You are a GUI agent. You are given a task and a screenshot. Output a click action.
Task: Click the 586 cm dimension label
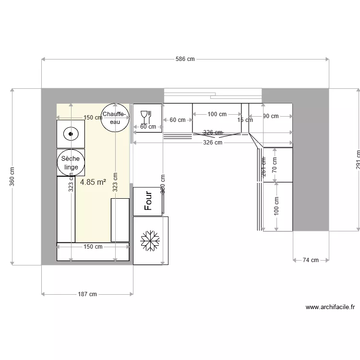[x=185, y=60]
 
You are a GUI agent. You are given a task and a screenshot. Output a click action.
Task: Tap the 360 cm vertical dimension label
[x=12, y=176]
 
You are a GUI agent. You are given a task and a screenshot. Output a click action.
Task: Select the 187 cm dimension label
[x=87, y=294]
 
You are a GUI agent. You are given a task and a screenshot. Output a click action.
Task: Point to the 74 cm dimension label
[x=311, y=260]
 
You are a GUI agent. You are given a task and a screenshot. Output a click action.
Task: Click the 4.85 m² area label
[x=93, y=182]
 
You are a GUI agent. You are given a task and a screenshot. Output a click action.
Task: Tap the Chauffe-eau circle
[x=115, y=118]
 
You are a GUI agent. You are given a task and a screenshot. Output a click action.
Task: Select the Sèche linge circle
[x=71, y=163]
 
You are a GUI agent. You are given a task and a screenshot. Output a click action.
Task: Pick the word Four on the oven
[x=148, y=201]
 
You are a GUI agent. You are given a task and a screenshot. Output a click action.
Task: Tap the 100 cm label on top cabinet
[x=217, y=114]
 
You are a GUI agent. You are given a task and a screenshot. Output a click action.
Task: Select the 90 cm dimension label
[x=271, y=116]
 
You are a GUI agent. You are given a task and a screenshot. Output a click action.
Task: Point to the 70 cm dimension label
[x=275, y=166]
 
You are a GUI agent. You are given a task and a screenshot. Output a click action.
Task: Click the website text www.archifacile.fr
[x=330, y=307]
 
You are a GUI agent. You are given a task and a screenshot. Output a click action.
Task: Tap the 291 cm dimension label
[x=357, y=159]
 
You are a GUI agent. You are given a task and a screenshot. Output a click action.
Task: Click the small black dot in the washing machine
[x=71, y=134]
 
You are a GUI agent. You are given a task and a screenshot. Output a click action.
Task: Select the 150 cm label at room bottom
[x=93, y=247]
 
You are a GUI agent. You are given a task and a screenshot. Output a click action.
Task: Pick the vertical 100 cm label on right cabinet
[x=276, y=206]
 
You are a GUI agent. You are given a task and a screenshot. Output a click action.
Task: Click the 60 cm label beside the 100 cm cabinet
[x=177, y=120]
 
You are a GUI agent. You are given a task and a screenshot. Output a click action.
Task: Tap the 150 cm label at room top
[x=92, y=118]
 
